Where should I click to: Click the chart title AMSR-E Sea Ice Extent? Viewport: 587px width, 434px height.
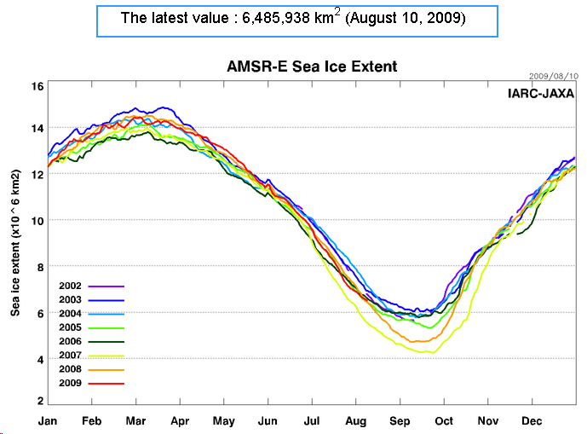(x=312, y=67)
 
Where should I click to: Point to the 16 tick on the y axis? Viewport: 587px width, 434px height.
(x=37, y=86)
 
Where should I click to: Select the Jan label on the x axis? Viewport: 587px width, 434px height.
(x=49, y=420)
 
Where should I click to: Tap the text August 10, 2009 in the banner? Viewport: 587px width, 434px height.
(x=408, y=18)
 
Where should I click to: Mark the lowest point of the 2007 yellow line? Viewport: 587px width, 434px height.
(x=430, y=352)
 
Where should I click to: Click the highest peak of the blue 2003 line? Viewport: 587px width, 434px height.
(x=161, y=107)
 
